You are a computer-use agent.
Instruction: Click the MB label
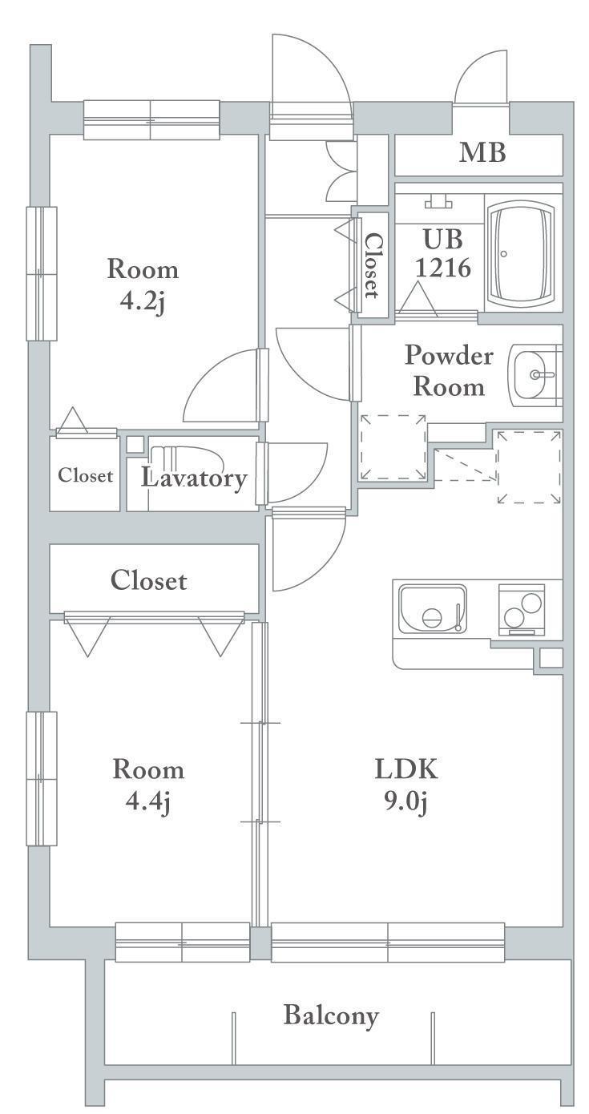tap(482, 152)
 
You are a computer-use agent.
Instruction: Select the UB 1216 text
tap(442, 253)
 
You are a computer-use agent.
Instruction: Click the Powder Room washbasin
tap(534, 374)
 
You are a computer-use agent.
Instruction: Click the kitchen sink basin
tap(433, 609)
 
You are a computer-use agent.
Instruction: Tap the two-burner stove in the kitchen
tap(522, 610)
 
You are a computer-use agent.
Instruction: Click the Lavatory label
tap(194, 478)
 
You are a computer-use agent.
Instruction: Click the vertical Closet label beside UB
tap(371, 265)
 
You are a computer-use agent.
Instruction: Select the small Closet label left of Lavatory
tap(85, 475)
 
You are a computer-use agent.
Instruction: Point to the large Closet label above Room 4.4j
tap(149, 580)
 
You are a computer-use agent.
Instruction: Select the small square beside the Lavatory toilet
tap(134, 444)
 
